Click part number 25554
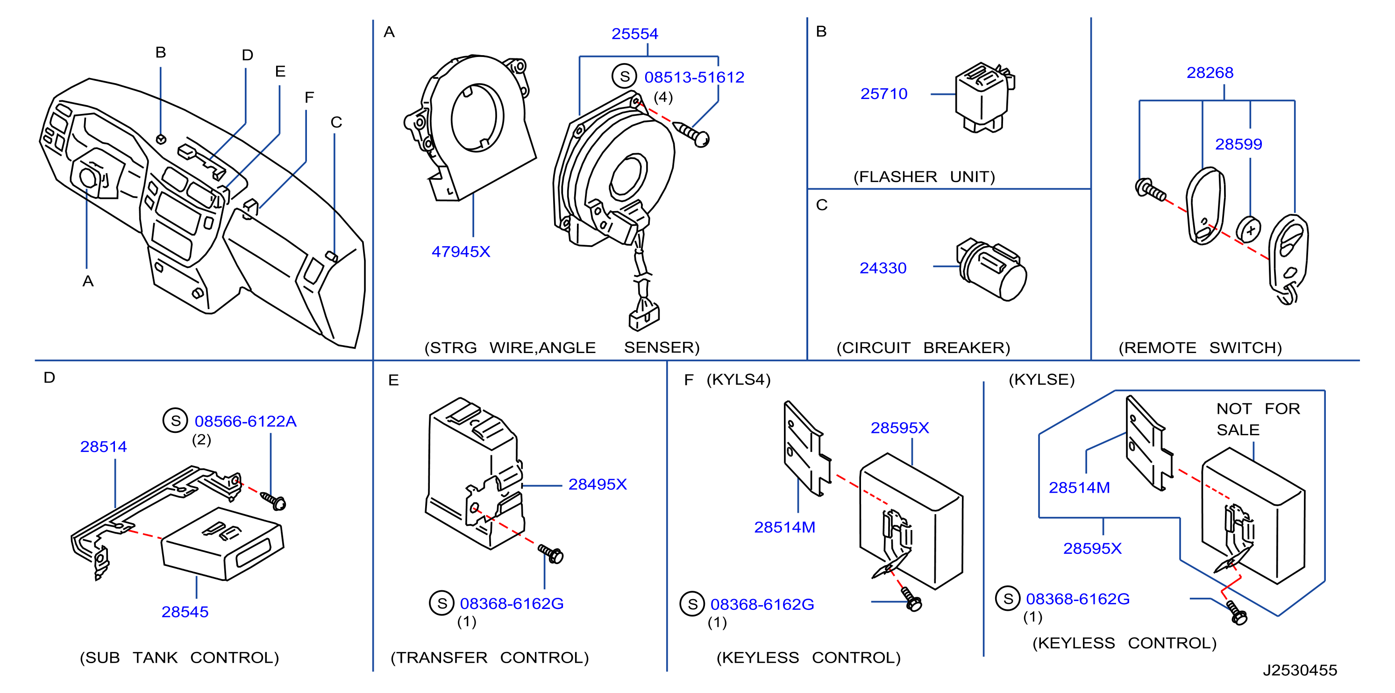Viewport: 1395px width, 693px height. pyautogui.click(x=635, y=34)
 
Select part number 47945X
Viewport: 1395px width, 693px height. pyautogui.click(x=461, y=252)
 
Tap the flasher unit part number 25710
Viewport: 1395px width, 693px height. pyautogui.click(x=884, y=94)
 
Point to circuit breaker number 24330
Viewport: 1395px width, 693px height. pyautogui.click(x=883, y=268)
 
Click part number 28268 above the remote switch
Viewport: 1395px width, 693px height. pyautogui.click(x=1210, y=72)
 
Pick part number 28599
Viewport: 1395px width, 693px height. pyautogui.click(x=1238, y=144)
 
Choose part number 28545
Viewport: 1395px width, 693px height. pyautogui.click(x=185, y=612)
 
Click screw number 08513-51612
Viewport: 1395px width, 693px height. pyautogui.click(x=694, y=78)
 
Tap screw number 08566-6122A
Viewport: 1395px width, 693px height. pyautogui.click(x=245, y=421)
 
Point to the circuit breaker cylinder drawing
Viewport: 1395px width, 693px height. pyautogui.click(x=990, y=269)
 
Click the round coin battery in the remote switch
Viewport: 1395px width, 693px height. pyautogui.click(x=1248, y=230)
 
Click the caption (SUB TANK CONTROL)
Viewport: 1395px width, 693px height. pyautogui.click(x=179, y=658)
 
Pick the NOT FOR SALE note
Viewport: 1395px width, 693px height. pyautogui.click(x=1258, y=419)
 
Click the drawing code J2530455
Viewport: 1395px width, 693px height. pyautogui.click(x=1300, y=670)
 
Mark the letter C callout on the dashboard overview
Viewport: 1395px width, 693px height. pyautogui.click(x=336, y=122)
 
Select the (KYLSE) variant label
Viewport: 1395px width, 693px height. pyautogui.click(x=1041, y=380)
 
